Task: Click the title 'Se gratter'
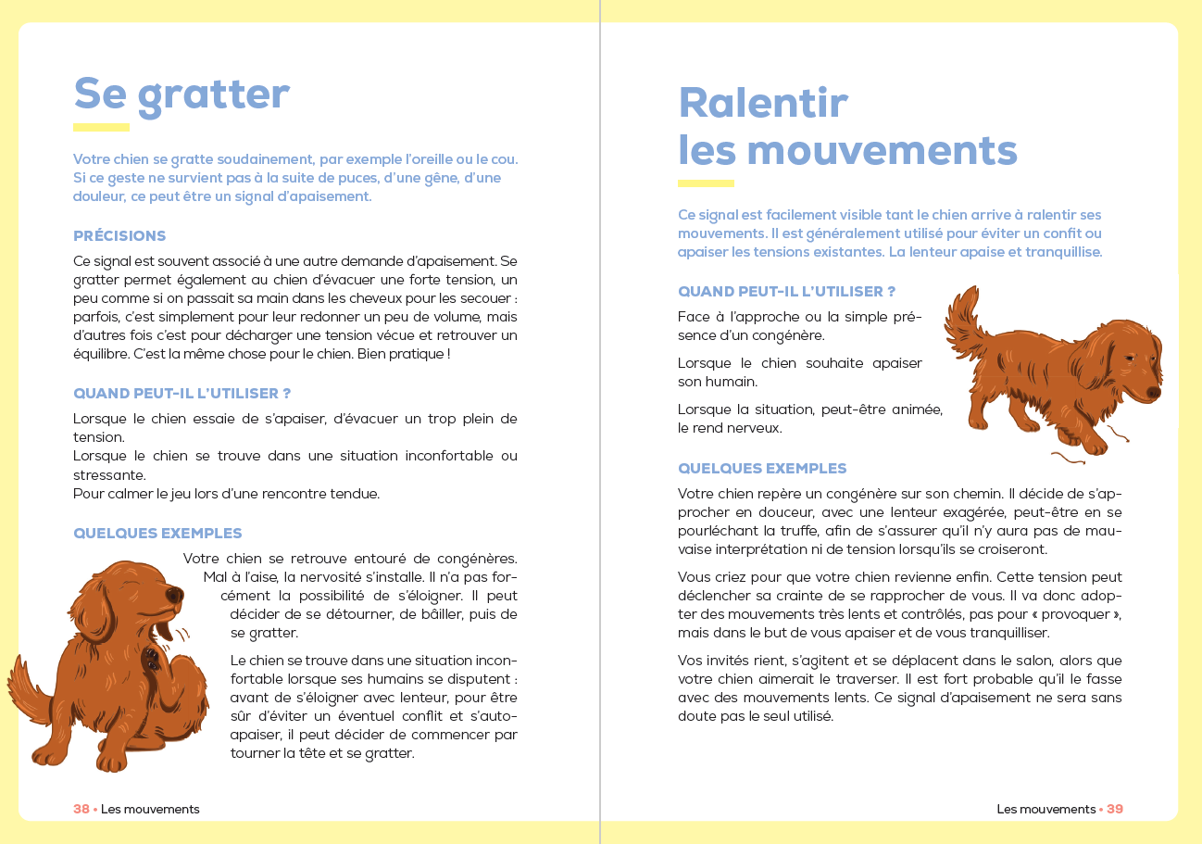pyautogui.click(x=182, y=94)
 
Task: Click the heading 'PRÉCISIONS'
pyautogui.click(x=119, y=235)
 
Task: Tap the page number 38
pyautogui.click(x=81, y=809)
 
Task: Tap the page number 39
pyautogui.click(x=1115, y=809)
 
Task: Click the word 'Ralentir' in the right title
pyautogui.click(x=763, y=103)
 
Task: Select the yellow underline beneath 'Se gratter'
pyautogui.click(x=101, y=127)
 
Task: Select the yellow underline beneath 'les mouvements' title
pyautogui.click(x=706, y=183)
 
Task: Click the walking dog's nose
pyautogui.click(x=1154, y=392)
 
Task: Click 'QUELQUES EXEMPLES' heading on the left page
pyautogui.click(x=157, y=534)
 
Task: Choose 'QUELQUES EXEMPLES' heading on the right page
pyautogui.click(x=762, y=469)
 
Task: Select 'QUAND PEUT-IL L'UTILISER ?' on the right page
pyautogui.click(x=786, y=292)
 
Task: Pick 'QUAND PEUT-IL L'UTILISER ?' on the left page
pyautogui.click(x=182, y=394)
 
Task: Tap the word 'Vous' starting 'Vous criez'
pyautogui.click(x=695, y=577)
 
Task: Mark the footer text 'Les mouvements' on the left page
pyautogui.click(x=150, y=809)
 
